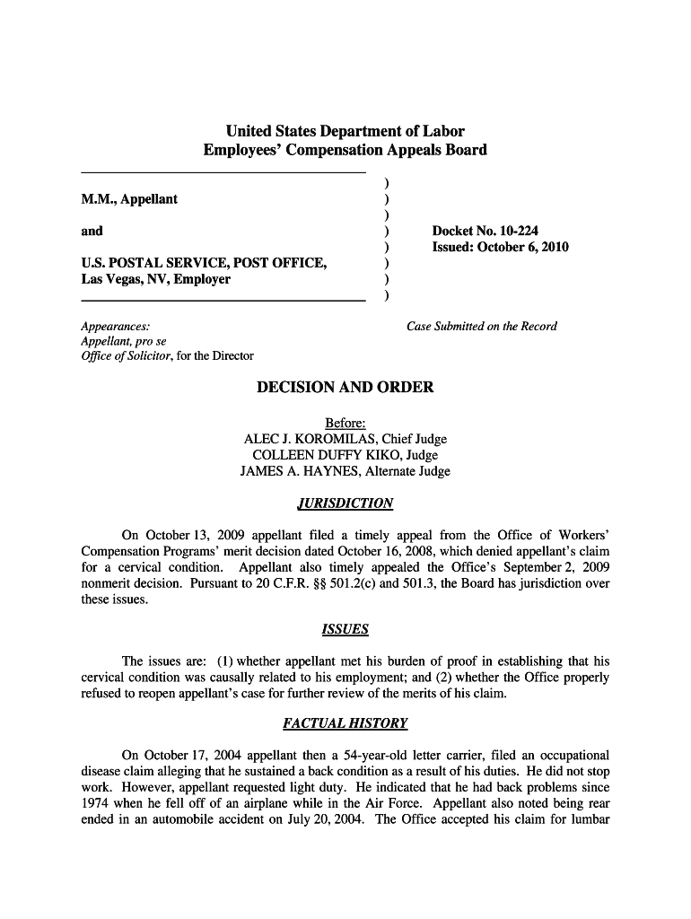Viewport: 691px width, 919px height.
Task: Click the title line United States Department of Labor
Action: click(x=345, y=131)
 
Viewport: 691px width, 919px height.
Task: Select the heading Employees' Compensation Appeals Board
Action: click(x=345, y=150)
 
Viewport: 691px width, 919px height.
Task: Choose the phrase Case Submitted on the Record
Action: click(x=482, y=327)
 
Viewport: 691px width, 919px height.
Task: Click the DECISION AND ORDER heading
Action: click(x=345, y=388)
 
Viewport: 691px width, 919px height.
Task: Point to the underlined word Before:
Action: click(x=345, y=424)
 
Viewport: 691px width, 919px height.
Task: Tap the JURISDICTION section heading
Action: click(x=345, y=503)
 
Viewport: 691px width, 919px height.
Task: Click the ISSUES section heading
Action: click(x=345, y=630)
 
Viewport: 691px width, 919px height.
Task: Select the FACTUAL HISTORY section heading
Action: click(x=345, y=723)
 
